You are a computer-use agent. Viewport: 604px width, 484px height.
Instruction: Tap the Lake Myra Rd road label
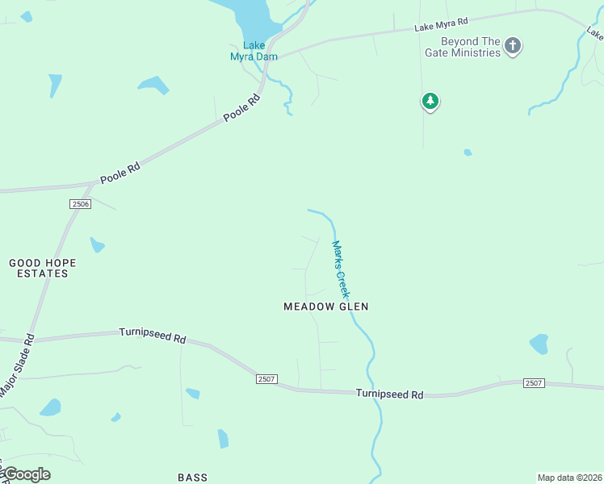pyautogui.click(x=441, y=25)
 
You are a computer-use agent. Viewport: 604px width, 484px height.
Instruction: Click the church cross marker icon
pyautogui.click(x=512, y=46)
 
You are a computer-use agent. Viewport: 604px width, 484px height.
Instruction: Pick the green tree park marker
pyautogui.click(x=430, y=102)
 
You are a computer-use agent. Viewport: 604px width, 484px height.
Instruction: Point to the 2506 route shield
pyautogui.click(x=79, y=204)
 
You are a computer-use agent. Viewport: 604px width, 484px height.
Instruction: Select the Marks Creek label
pyautogui.click(x=341, y=269)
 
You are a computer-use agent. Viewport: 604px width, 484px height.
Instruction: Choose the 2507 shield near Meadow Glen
pyautogui.click(x=266, y=378)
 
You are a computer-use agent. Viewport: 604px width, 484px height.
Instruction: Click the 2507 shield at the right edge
pyautogui.click(x=533, y=382)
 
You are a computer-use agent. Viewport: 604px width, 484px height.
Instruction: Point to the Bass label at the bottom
pyautogui.click(x=192, y=478)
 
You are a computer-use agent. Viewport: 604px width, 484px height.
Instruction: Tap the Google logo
pyautogui.click(x=26, y=474)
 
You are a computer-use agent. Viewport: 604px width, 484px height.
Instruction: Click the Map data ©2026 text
pyautogui.click(x=569, y=478)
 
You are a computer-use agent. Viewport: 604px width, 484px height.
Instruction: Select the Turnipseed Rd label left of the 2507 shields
pyautogui.click(x=153, y=335)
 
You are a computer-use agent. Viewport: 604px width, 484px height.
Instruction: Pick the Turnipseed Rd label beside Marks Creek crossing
pyautogui.click(x=390, y=394)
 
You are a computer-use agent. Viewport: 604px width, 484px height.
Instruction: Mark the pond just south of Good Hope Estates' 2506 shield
pyautogui.click(x=97, y=244)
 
